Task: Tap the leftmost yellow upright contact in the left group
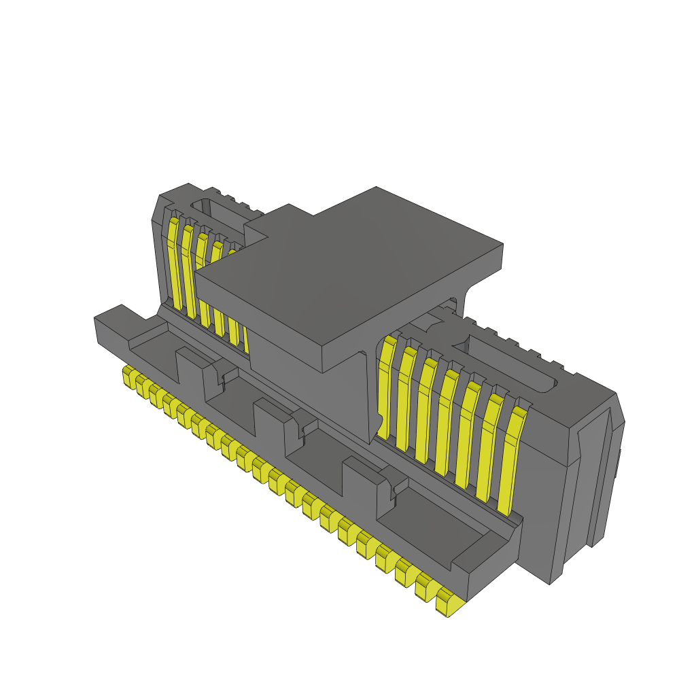pyautogui.click(x=174, y=262)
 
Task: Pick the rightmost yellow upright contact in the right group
pyautogui.click(x=511, y=462)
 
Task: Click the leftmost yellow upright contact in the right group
pyautogui.click(x=385, y=387)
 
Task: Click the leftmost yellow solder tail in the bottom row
pyautogui.click(x=128, y=376)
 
